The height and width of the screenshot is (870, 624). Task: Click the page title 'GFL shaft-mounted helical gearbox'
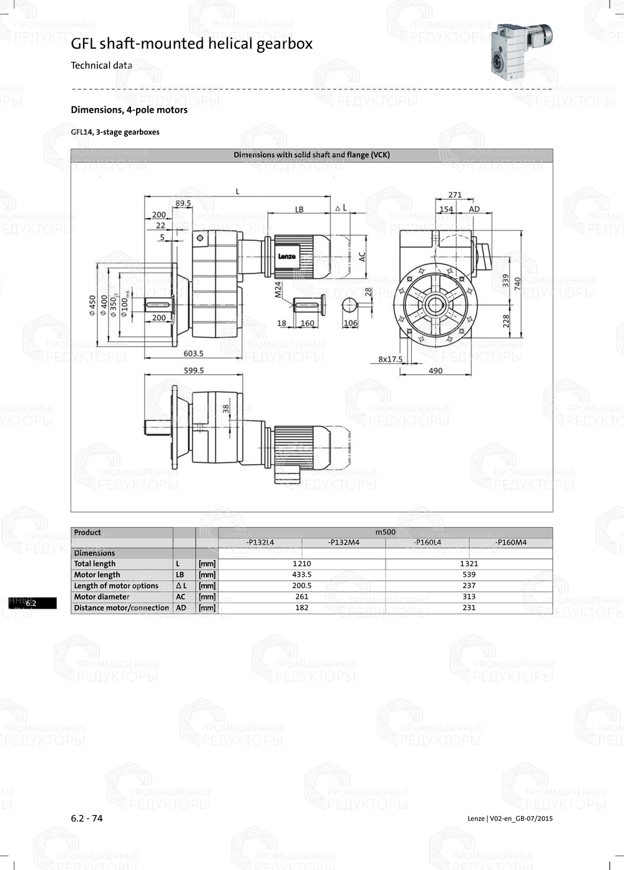click(192, 44)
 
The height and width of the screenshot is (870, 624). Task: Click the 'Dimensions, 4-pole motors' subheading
click(129, 110)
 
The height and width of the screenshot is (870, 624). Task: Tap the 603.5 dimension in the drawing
click(193, 354)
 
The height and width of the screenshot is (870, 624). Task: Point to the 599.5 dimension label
click(193, 370)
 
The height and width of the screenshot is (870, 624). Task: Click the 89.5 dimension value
click(183, 203)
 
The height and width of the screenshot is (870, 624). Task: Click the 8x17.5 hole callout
click(391, 359)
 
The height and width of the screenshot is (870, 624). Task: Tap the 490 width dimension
click(436, 370)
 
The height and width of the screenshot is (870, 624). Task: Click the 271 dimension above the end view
click(455, 195)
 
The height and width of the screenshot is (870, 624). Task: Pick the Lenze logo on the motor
click(287, 256)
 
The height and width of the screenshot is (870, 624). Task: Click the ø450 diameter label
click(93, 306)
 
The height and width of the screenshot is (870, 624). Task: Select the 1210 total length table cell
click(301, 564)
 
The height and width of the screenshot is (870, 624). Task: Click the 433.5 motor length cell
click(301, 575)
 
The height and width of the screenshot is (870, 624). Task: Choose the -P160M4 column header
click(510, 543)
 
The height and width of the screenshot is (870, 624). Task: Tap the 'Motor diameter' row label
click(102, 597)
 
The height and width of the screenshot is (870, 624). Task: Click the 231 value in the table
click(469, 607)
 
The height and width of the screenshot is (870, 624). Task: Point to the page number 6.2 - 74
click(87, 818)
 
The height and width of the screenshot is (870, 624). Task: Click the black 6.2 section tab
click(32, 603)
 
